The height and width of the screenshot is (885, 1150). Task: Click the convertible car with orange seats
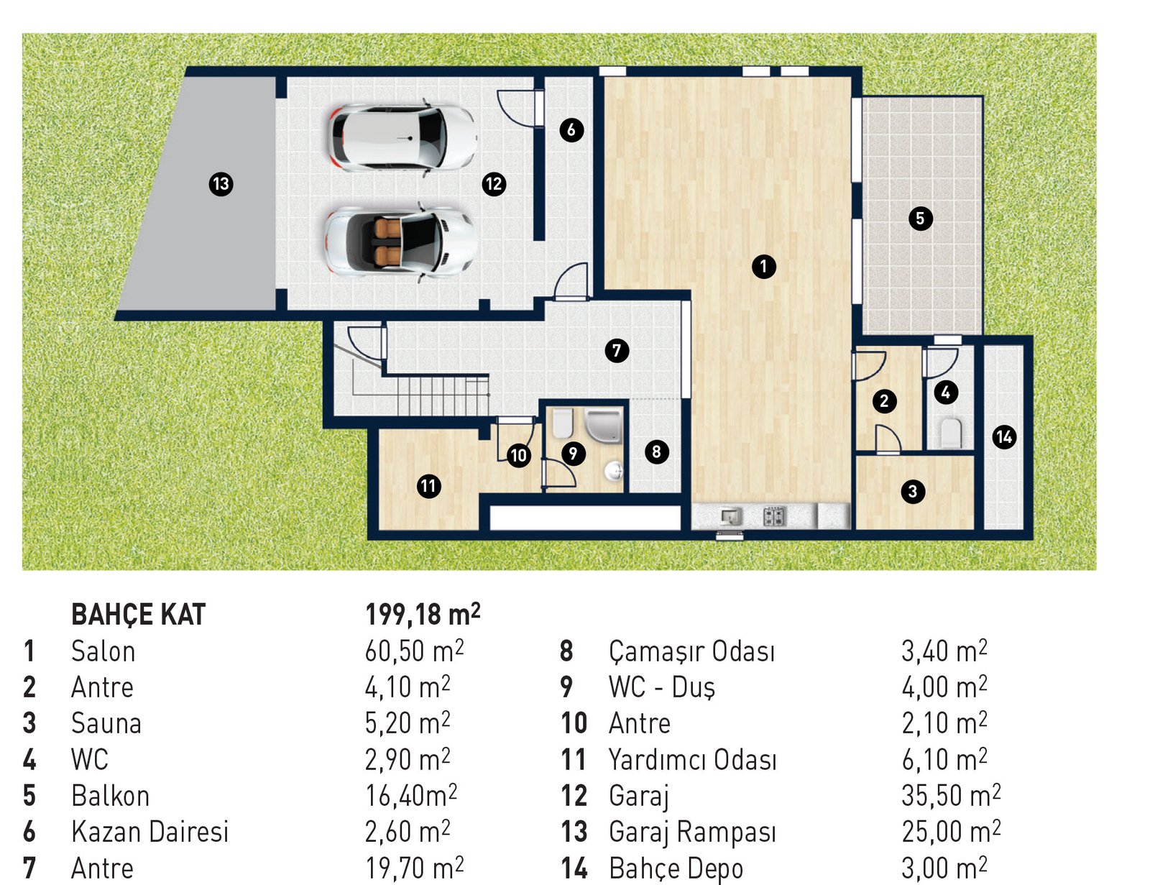pyautogui.click(x=400, y=242)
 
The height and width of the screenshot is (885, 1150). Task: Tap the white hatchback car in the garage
pyautogui.click(x=402, y=138)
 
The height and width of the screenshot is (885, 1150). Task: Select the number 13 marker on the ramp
pyautogui.click(x=221, y=184)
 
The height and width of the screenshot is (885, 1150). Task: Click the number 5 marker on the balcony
pyautogui.click(x=920, y=219)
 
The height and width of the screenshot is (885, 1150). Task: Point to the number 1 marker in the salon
pyautogui.click(x=763, y=267)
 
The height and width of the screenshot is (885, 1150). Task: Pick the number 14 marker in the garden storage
pyautogui.click(x=1004, y=437)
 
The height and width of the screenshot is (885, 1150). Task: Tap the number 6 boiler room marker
pyautogui.click(x=571, y=129)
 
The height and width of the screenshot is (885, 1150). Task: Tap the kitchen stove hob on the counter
pyautogui.click(x=774, y=516)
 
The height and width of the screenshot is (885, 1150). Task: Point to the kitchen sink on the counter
pyautogui.click(x=731, y=516)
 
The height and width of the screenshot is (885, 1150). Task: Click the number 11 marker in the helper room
pyautogui.click(x=428, y=486)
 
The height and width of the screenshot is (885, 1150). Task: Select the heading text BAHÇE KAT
pyautogui.click(x=138, y=615)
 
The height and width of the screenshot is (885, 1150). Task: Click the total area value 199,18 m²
pyautogui.click(x=423, y=615)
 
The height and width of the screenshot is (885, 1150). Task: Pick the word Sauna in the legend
pyautogui.click(x=106, y=723)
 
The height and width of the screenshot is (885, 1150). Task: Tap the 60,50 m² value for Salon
pyautogui.click(x=415, y=651)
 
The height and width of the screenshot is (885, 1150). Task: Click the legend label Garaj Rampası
pyautogui.click(x=692, y=832)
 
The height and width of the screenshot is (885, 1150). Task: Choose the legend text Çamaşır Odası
pyautogui.click(x=691, y=652)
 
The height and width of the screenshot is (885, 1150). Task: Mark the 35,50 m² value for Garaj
pyautogui.click(x=951, y=796)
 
